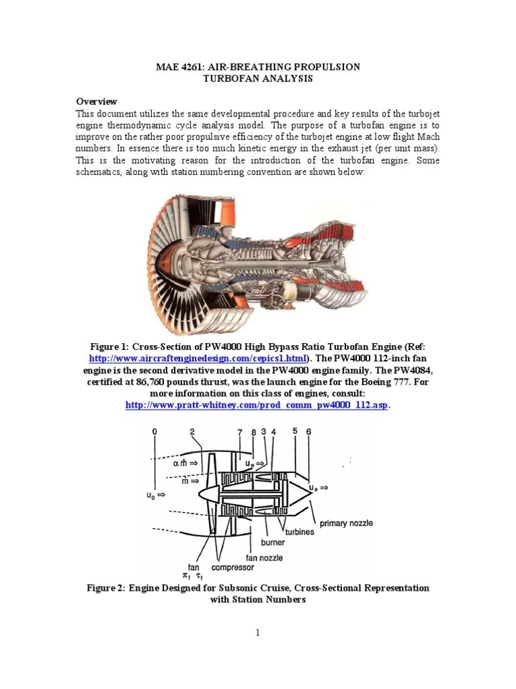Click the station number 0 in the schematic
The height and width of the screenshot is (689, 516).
[x=155, y=431]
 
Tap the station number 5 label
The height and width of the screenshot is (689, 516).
[x=294, y=431]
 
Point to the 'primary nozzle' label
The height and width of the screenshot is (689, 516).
[x=346, y=523]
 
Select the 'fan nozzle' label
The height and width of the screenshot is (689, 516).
[x=264, y=557]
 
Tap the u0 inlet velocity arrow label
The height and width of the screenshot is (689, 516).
[x=156, y=495]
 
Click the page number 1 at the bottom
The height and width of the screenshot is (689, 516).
[x=257, y=632]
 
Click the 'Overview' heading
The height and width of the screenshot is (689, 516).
[x=96, y=101]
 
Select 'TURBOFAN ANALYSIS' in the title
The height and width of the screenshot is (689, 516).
[x=258, y=79]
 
